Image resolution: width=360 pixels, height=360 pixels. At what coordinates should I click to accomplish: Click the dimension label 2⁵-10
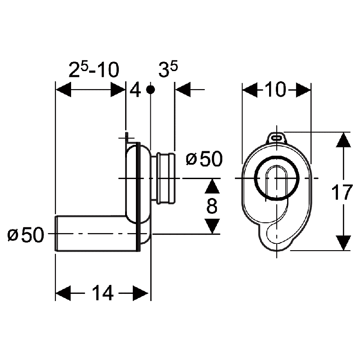click(94, 69)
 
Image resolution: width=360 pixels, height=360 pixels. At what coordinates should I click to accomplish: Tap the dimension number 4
click(135, 90)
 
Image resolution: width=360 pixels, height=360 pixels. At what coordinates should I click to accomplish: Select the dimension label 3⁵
click(168, 69)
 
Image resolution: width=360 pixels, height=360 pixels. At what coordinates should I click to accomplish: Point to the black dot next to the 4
click(150, 90)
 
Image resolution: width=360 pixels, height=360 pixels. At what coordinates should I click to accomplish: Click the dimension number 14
click(103, 293)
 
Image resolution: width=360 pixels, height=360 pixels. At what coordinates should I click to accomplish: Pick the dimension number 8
click(211, 206)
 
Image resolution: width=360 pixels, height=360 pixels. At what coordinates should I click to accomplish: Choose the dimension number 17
click(342, 192)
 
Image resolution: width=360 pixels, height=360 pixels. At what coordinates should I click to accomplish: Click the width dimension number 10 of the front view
click(276, 89)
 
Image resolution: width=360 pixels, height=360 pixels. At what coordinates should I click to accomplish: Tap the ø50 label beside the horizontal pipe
click(26, 235)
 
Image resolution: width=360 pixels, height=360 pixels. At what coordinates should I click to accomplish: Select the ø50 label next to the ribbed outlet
click(204, 159)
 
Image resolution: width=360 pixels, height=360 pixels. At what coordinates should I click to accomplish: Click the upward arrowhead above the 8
click(212, 186)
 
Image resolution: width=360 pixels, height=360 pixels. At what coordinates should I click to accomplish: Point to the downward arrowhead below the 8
click(212, 226)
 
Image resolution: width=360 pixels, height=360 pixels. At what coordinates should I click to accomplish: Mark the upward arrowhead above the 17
click(343, 140)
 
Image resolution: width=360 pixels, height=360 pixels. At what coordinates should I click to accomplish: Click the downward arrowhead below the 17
click(343, 243)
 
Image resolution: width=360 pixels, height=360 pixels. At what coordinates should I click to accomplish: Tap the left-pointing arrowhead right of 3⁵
click(183, 89)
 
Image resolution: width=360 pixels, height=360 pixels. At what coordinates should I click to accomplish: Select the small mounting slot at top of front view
click(277, 138)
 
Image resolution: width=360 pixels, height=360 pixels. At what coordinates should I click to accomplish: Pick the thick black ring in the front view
click(277, 178)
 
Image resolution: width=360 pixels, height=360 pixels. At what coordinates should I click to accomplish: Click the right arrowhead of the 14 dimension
click(140, 293)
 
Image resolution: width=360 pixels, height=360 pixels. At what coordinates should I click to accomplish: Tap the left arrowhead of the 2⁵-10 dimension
click(63, 89)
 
